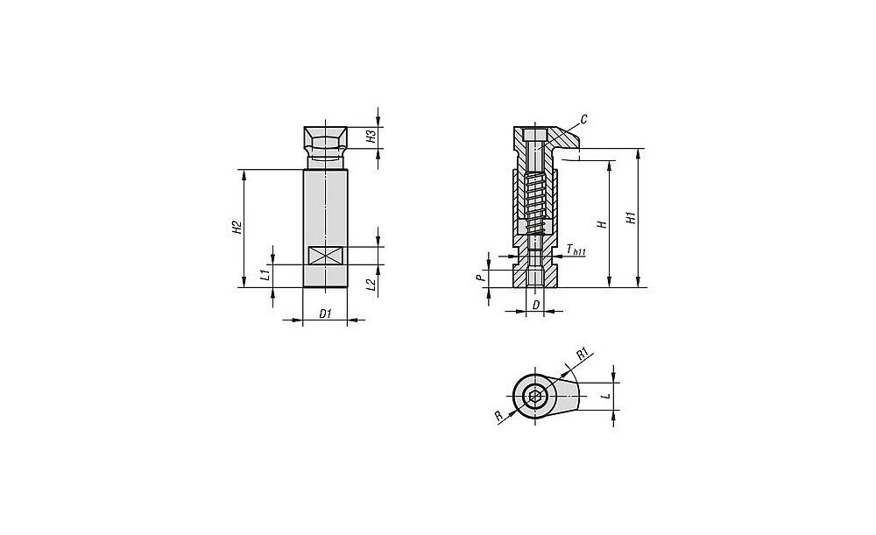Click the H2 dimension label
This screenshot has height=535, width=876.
click(x=237, y=228)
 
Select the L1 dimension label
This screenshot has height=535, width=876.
click(x=266, y=274)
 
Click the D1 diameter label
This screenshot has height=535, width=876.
click(x=325, y=313)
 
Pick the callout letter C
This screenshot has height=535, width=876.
click(x=583, y=119)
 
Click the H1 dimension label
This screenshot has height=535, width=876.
click(x=632, y=218)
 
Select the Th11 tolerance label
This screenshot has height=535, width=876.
click(x=576, y=250)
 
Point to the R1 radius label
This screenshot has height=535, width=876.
click(x=583, y=354)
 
